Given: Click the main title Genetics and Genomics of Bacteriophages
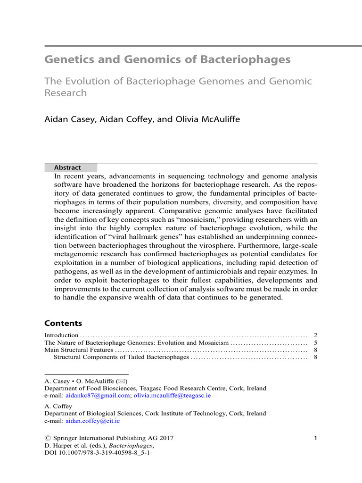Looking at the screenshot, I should tap(167, 60).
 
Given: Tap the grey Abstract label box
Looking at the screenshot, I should tap(71, 167).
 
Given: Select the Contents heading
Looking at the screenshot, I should tap(63, 324).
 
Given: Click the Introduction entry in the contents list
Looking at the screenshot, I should tap(61, 335).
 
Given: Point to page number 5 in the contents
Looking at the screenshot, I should tap(315, 342).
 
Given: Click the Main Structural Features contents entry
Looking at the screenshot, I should tap(79, 350).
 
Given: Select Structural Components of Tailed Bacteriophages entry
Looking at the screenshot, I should tap(121, 358).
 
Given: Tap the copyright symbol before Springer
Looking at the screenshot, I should tap(47, 438).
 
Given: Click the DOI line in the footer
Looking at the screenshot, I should tap(97, 453).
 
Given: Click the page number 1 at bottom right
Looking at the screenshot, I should tap(315, 438).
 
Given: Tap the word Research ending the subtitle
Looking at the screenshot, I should tap(66, 93).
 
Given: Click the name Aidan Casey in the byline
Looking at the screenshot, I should tap(68, 119).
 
